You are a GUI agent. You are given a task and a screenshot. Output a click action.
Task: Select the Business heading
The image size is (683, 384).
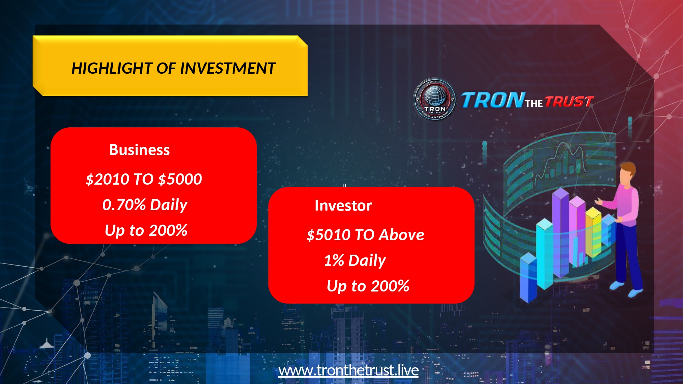click(x=139, y=150)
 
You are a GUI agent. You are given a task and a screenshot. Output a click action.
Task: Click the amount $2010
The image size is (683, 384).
click(x=107, y=179)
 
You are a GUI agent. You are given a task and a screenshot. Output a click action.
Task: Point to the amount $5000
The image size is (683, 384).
click(x=180, y=179)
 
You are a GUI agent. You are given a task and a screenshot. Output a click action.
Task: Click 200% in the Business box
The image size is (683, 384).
click(x=168, y=230)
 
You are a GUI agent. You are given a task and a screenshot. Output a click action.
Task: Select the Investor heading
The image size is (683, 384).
click(x=343, y=205)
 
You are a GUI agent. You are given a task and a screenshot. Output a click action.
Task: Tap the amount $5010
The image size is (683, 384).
click(x=329, y=235)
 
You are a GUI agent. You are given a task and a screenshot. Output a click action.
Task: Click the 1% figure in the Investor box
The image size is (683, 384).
click(x=334, y=260)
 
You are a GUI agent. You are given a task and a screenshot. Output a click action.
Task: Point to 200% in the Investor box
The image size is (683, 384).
click(x=390, y=286)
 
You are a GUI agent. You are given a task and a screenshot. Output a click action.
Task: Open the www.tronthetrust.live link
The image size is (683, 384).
click(x=349, y=370)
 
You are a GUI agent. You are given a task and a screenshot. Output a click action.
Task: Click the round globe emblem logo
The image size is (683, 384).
click(x=435, y=99)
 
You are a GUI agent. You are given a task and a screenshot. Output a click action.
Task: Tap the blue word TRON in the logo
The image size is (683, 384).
click(x=493, y=100)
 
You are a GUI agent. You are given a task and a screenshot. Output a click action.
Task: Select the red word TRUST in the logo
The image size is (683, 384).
click(x=569, y=102)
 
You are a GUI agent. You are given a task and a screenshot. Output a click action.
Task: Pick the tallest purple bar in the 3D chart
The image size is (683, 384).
click(x=560, y=232)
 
